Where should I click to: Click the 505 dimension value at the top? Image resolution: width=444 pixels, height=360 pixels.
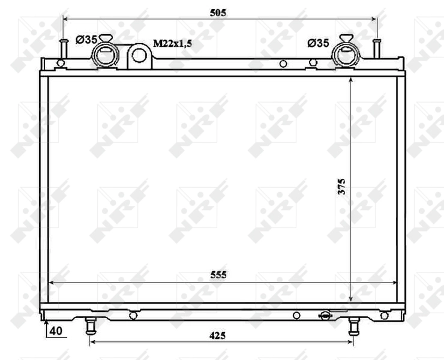click(218, 13)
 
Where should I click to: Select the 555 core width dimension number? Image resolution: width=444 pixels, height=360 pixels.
click(218, 275)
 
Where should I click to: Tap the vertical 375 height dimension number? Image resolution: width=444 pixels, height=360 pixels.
click(342, 187)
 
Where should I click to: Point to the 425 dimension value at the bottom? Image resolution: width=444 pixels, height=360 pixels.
click(217, 335)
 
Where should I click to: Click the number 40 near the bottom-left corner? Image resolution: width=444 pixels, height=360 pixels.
click(56, 331)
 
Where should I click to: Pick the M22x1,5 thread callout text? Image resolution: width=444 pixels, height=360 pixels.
click(172, 43)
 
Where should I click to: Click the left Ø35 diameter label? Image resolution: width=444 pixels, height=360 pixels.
click(86, 40)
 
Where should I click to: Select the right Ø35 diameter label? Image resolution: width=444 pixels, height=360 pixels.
click(318, 43)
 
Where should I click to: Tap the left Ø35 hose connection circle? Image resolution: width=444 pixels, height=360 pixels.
click(106, 55)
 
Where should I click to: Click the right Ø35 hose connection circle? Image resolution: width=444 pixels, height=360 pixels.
click(346, 55)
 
